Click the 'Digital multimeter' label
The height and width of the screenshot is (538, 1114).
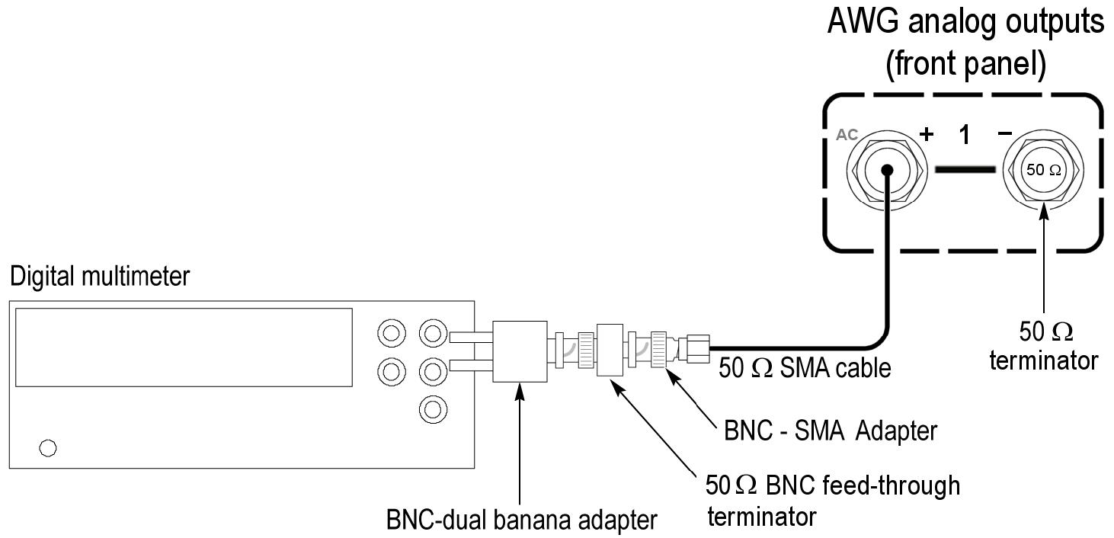[99, 276]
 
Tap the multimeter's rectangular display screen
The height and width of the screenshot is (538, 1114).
[184, 347]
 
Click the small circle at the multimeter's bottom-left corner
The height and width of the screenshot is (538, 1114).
[48, 448]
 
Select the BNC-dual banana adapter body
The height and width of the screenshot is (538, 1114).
[520, 351]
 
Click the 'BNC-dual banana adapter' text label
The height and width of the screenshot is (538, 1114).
[521, 520]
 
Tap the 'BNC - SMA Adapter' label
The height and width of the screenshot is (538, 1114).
[829, 431]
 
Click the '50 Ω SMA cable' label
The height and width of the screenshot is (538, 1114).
[805, 369]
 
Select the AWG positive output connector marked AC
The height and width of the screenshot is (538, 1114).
[888, 169]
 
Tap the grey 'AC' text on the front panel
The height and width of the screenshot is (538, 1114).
[847, 134]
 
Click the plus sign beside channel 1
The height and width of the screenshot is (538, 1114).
[927, 135]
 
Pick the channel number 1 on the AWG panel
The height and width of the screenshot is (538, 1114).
[965, 135]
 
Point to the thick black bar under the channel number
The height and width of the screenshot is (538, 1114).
[965, 169]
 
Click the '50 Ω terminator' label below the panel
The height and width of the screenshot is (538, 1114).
[1044, 345]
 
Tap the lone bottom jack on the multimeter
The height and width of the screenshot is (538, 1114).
[432, 409]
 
